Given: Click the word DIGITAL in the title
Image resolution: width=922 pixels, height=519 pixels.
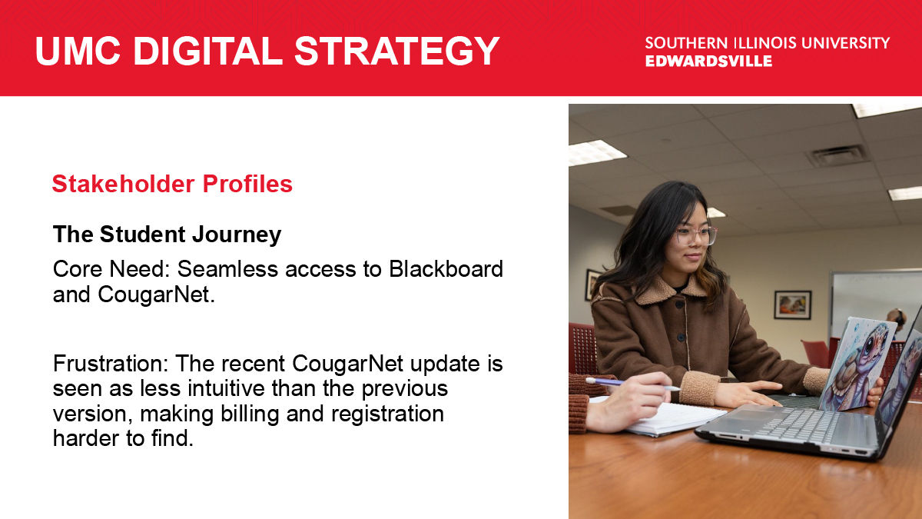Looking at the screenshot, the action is tap(207, 51).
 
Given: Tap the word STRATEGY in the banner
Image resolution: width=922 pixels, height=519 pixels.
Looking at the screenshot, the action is tap(397, 51).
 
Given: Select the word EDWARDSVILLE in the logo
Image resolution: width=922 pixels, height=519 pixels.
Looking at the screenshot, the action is tap(708, 61).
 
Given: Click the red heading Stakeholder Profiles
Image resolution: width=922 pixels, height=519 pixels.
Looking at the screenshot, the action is tap(172, 184).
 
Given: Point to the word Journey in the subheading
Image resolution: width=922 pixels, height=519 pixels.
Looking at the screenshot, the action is tap(237, 235).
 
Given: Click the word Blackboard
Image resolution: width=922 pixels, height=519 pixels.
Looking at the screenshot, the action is tap(446, 269).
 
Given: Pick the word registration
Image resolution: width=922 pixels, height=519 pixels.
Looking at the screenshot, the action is tap(387, 414).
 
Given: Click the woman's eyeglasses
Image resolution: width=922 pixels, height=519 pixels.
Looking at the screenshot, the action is tap(696, 235).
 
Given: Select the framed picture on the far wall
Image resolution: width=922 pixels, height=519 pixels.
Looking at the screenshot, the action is tap(793, 304).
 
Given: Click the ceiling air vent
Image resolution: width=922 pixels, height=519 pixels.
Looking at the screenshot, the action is tap(837, 155).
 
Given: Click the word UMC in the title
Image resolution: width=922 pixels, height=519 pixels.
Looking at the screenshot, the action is tap(78, 51).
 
